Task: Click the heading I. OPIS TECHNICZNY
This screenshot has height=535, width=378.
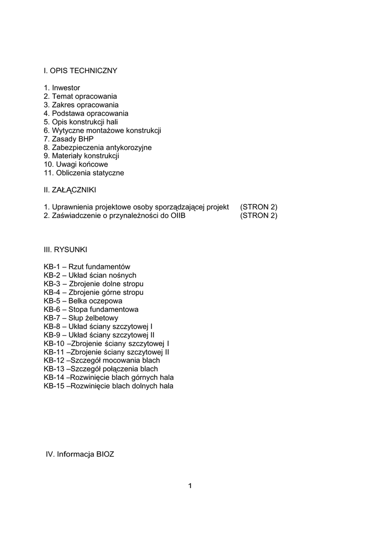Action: coord(80,71)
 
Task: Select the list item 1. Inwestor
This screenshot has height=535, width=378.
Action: coord(62,88)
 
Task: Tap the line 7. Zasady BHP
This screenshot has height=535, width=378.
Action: coord(68,139)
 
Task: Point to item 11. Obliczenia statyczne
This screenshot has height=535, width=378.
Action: coord(84,173)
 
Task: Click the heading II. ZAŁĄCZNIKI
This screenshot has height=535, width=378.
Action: coord(70,190)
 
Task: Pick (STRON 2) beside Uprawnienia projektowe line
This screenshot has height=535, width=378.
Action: coord(258,207)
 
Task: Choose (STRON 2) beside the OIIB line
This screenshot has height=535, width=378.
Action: coord(258,216)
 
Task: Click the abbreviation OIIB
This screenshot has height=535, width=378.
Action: coord(178,216)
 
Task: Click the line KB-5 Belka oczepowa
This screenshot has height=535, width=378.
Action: coord(83,301)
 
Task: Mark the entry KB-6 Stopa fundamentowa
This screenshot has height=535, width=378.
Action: coord(91,309)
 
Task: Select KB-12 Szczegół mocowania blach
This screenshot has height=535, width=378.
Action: coord(102,360)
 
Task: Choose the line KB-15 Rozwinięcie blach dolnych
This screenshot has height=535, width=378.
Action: coord(109,386)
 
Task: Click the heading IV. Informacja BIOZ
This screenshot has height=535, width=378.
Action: coord(80,455)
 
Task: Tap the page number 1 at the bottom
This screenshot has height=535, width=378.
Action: coord(190,486)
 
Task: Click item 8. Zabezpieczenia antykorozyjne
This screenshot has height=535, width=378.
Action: coord(98,148)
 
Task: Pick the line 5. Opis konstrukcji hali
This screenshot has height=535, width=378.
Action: coord(81,122)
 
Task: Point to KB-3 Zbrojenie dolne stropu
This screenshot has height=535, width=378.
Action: coord(93,284)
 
